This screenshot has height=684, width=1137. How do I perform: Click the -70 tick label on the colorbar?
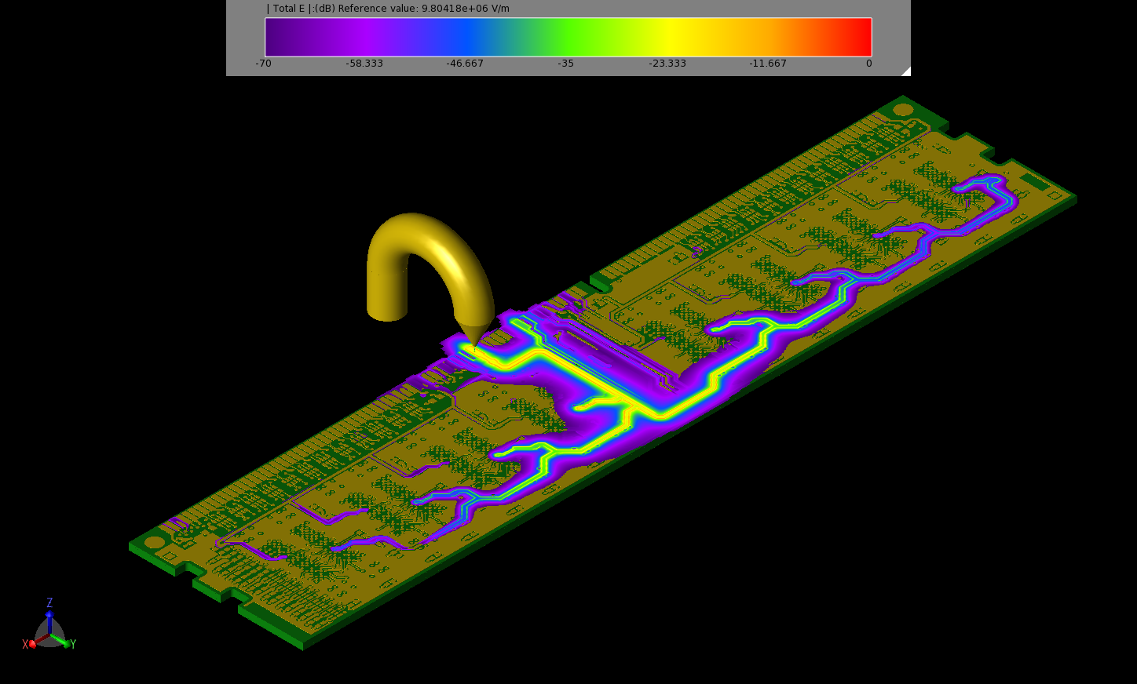click(263, 64)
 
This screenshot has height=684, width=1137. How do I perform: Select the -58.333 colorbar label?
click(364, 64)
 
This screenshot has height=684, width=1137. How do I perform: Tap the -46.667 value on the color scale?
click(465, 64)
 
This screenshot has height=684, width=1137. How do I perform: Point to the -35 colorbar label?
click(566, 64)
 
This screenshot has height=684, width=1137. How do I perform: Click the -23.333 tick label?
click(667, 64)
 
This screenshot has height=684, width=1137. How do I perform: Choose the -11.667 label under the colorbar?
click(768, 64)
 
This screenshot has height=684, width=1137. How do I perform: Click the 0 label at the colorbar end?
click(869, 64)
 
